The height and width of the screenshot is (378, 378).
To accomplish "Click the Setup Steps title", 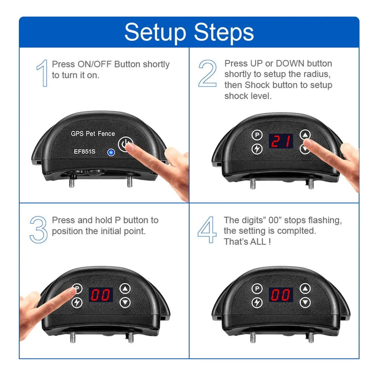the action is click(x=189, y=33).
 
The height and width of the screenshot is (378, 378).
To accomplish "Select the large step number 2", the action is click(x=207, y=73).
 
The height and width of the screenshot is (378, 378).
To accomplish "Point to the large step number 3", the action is click(x=38, y=229).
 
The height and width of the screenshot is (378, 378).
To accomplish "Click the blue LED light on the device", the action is click(x=111, y=152).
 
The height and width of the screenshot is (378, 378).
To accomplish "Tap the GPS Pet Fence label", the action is click(x=93, y=133).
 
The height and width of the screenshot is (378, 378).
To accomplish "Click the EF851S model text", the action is click(x=85, y=151).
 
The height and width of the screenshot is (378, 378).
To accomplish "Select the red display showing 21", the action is click(x=281, y=141).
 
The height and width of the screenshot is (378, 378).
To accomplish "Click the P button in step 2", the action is click(x=257, y=135).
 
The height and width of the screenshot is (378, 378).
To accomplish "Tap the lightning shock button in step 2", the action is click(x=257, y=149).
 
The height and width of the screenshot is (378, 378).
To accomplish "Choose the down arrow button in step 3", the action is click(x=125, y=302).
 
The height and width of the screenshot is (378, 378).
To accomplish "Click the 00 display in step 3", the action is click(x=101, y=295).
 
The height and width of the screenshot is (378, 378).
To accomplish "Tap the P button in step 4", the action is click(x=257, y=289).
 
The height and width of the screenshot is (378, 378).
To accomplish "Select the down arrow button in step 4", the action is click(x=305, y=302).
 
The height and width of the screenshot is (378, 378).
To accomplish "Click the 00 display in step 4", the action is click(x=281, y=295).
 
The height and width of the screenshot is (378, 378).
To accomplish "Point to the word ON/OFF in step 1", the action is click(x=94, y=65).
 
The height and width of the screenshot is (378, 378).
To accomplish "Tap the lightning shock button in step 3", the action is click(x=77, y=302).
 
